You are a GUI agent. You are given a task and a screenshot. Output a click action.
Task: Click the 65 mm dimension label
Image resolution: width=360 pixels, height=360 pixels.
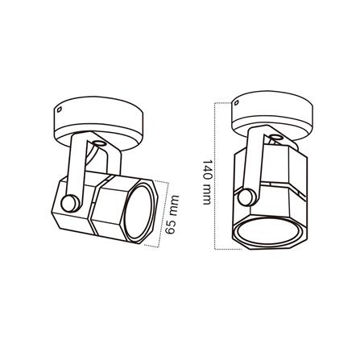coord(172,214)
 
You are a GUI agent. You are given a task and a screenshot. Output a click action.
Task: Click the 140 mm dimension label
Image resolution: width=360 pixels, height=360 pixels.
coord(207,182)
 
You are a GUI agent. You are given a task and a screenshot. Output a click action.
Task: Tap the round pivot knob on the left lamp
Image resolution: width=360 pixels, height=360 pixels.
coord(70,203)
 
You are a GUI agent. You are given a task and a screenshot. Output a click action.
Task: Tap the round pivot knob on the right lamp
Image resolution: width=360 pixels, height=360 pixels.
coord(247,197)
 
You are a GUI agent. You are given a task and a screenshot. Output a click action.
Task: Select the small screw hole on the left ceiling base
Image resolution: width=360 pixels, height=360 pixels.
coord(60,110)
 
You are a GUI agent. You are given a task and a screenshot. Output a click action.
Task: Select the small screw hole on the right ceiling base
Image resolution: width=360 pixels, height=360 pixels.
coord(236,102)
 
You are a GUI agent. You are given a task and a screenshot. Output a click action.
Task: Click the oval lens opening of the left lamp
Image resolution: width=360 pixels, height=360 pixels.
coord(139,212)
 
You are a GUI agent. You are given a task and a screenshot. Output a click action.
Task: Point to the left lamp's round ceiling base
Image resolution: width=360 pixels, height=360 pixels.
coord(98,123)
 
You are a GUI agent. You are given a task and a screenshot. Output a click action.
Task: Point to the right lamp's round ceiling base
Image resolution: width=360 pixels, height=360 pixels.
coord(272,115)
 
